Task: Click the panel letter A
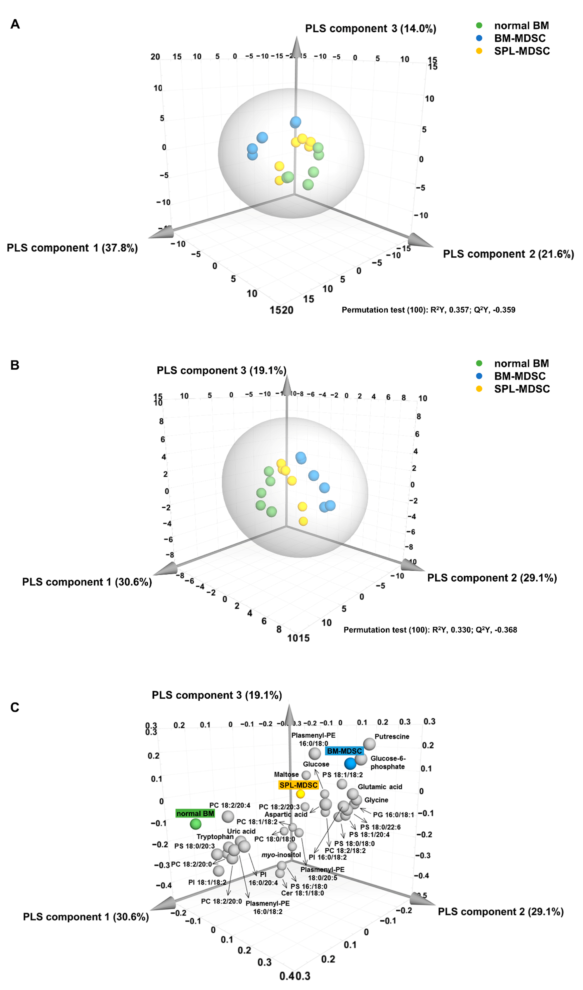[x=15, y=24]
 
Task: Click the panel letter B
[x=14, y=365]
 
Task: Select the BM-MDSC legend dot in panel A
[x=479, y=38]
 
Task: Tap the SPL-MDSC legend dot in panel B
[x=479, y=389]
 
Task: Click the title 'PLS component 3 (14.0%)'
[x=370, y=29]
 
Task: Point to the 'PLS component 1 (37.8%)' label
[x=72, y=248]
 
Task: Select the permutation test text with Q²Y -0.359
[x=428, y=310]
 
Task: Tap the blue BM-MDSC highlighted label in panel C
[x=344, y=751]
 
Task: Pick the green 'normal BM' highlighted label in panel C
[x=195, y=814]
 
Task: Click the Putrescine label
[x=392, y=737]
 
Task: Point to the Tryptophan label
[x=215, y=837]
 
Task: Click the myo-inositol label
[x=281, y=855]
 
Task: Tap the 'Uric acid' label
[x=241, y=831]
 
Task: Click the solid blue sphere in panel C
[x=350, y=764]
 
